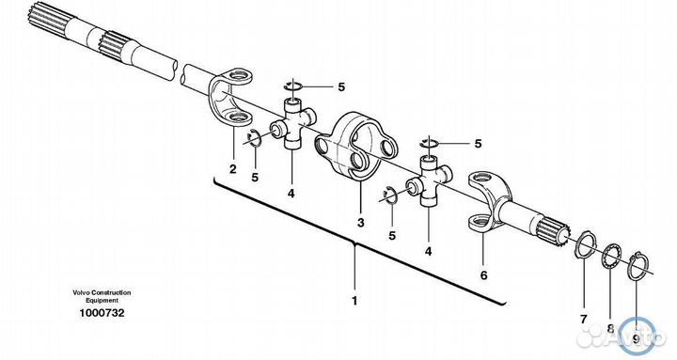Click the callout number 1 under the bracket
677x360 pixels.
click(x=354, y=301)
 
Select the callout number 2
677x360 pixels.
click(x=233, y=169)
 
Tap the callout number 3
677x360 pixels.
click(x=360, y=223)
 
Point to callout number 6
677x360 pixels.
click(x=483, y=274)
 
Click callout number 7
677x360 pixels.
click(x=584, y=320)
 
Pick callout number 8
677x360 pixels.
click(x=610, y=328)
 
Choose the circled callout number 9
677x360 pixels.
click(x=636, y=338)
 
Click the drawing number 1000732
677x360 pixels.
click(x=102, y=313)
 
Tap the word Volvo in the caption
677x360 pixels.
click(x=80, y=292)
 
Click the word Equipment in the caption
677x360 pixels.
click(x=102, y=300)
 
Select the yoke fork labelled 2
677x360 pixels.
click(x=231, y=97)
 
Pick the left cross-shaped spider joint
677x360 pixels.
click(x=292, y=123)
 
